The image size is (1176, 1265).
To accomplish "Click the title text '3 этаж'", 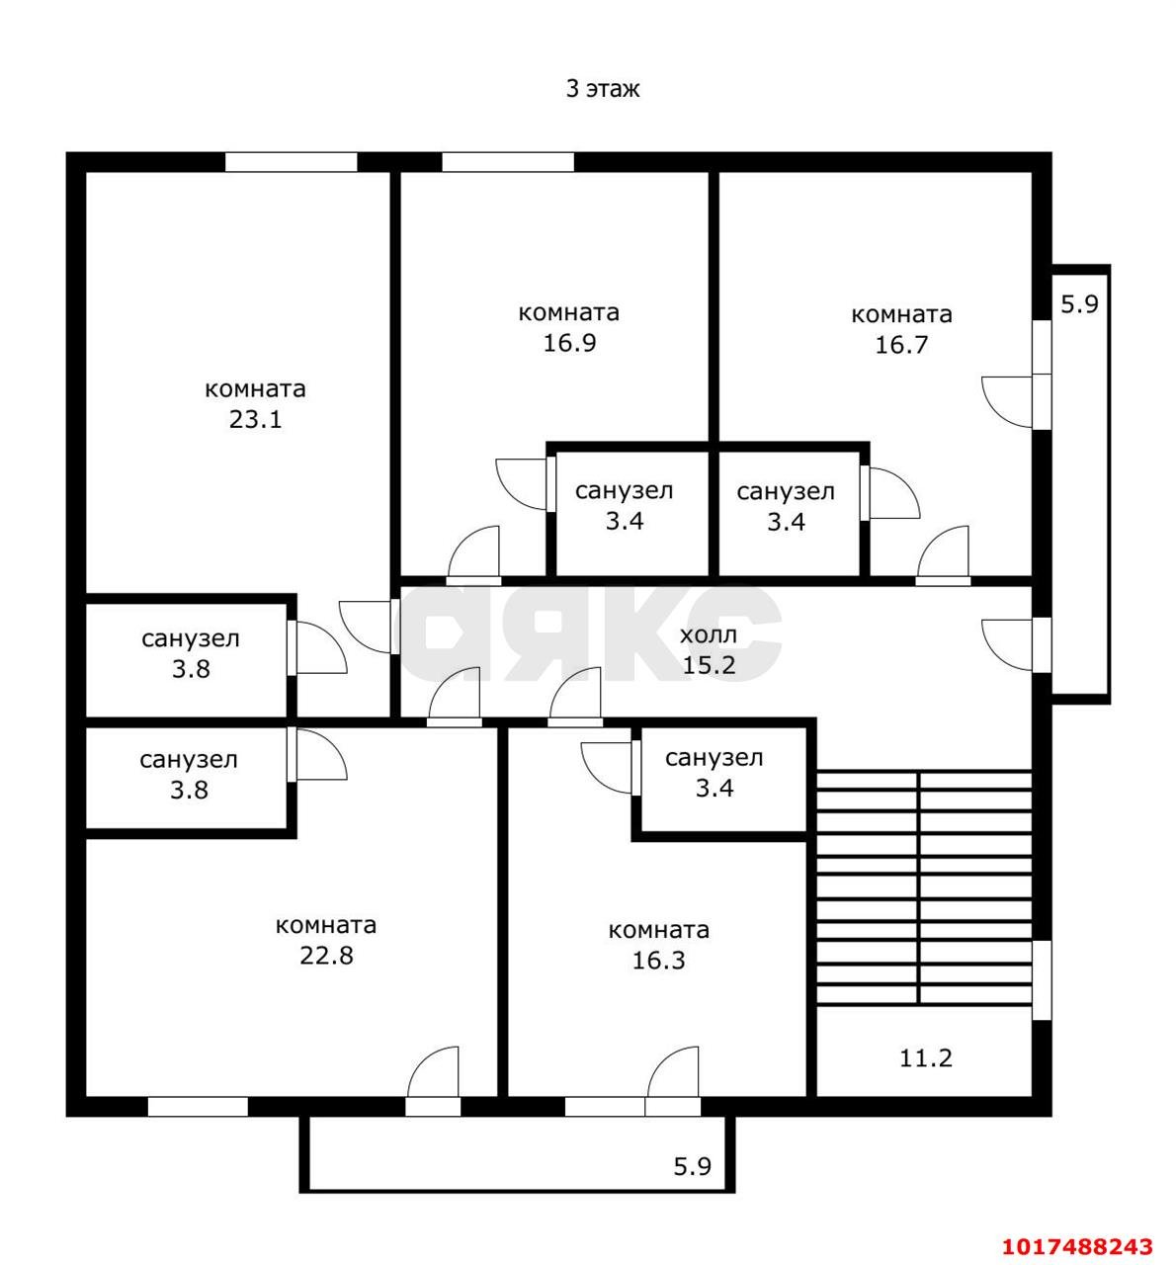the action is pos(602,89).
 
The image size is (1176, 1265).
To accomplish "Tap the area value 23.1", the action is pos(255,420).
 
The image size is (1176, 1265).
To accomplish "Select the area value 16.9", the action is pos(569,343).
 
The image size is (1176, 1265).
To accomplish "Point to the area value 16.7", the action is pos(901,345).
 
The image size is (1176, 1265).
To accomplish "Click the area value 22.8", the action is pos(326,956).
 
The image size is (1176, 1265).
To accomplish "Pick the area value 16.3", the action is pos(658,961).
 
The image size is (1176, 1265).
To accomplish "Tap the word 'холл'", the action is pos(709,635).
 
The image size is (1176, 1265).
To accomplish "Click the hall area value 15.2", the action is pos(709,666).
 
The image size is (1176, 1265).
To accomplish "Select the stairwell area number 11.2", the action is pos(925,1058).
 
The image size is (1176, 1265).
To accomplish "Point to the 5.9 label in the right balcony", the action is pos(1080,303).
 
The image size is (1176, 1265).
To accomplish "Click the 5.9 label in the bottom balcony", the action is pos(693,1166).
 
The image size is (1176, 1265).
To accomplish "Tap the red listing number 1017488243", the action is pos(1078,1246).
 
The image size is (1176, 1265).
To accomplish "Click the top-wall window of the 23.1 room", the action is pos(292,162).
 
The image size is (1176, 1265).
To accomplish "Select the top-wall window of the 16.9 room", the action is pos(508,162).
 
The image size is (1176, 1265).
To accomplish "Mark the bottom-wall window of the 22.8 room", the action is pos(198,1107).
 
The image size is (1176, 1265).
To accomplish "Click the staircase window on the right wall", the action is pos(1042,980).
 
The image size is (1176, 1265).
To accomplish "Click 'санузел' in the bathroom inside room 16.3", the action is pos(714,758).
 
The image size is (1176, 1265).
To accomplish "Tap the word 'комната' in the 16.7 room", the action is pos(901,314).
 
